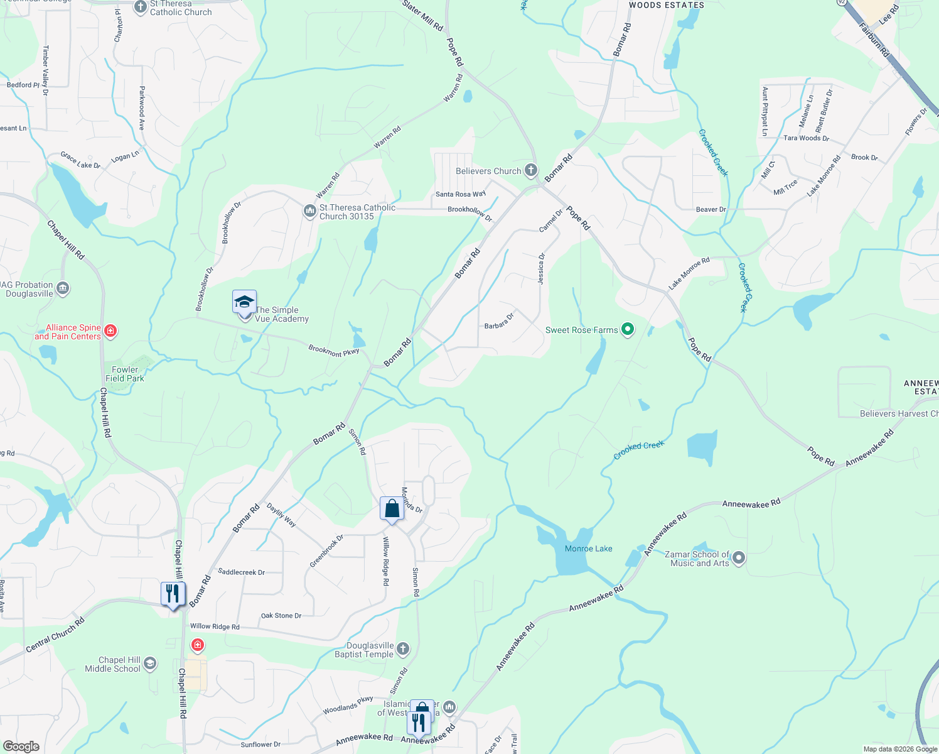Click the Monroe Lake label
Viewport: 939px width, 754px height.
point(588,549)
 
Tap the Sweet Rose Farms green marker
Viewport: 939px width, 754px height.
point(627,329)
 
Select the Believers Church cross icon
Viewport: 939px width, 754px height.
point(531,170)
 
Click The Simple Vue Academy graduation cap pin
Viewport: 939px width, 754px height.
point(244,303)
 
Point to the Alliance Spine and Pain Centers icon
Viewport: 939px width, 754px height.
point(110,331)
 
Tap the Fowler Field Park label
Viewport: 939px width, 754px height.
point(125,374)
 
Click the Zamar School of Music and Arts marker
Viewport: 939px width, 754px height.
point(739,557)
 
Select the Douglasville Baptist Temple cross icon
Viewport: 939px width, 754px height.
point(403,648)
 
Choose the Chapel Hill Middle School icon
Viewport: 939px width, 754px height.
point(150,664)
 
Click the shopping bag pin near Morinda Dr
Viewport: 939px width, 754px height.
point(392,509)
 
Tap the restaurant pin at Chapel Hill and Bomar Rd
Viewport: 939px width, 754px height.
point(173,594)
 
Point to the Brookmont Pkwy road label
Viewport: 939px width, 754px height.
point(334,350)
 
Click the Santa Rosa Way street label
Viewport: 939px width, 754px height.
point(461,194)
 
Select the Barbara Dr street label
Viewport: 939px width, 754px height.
point(499,321)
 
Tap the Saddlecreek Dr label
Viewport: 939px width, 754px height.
point(241,572)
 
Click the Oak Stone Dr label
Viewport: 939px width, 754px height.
point(281,615)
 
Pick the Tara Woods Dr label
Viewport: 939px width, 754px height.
point(806,138)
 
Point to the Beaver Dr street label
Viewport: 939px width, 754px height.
point(711,209)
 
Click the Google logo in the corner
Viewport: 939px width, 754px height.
point(21,746)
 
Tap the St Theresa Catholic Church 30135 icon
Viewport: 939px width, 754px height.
point(309,211)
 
